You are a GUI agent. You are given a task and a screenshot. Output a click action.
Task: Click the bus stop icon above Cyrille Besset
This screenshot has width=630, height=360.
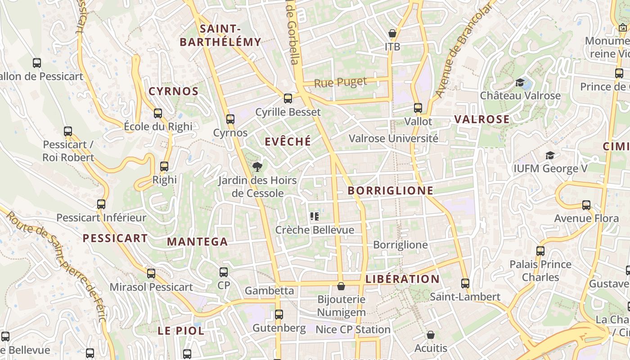click(288, 98)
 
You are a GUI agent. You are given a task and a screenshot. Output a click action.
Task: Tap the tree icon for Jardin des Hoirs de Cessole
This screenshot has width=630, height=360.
click(257, 167)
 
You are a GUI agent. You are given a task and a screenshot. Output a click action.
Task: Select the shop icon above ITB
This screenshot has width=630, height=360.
click(392, 33)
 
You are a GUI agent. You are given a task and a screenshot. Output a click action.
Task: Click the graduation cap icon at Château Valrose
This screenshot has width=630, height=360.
click(520, 82)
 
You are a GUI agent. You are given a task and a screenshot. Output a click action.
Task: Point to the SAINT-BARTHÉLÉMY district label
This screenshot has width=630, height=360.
click(220, 36)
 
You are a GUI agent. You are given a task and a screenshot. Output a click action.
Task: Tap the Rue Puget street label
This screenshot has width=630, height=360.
click(340, 82)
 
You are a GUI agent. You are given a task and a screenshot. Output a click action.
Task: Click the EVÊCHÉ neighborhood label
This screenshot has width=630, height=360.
click(288, 142)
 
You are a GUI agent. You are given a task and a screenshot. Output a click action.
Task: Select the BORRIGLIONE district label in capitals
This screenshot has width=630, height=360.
click(391, 191)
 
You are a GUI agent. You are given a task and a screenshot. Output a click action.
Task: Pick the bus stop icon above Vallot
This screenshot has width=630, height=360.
click(418, 108)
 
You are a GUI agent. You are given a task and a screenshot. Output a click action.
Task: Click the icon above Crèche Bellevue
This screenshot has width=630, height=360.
click(315, 216)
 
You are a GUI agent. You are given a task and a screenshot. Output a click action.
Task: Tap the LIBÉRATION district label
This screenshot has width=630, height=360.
click(402, 279)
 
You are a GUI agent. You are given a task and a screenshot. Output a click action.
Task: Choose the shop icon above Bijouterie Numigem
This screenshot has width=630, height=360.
click(341, 286)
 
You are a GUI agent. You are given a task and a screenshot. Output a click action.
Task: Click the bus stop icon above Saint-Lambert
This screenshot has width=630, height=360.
click(465, 283)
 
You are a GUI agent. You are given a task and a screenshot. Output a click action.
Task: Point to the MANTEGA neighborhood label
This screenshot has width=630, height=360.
click(197, 242)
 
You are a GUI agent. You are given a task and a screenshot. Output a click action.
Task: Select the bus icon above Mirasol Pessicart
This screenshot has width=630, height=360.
click(151, 274)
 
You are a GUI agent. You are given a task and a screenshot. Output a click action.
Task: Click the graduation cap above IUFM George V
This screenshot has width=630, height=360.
click(550, 156)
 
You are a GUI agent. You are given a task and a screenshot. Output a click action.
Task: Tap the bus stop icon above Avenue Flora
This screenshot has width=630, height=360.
click(586, 205)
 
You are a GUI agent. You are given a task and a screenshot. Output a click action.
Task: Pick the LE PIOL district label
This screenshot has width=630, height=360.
click(181, 331)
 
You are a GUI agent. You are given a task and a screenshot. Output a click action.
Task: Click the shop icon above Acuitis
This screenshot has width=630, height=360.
click(431, 335)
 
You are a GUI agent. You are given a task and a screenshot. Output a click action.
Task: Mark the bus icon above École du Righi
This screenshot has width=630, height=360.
click(158, 113)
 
